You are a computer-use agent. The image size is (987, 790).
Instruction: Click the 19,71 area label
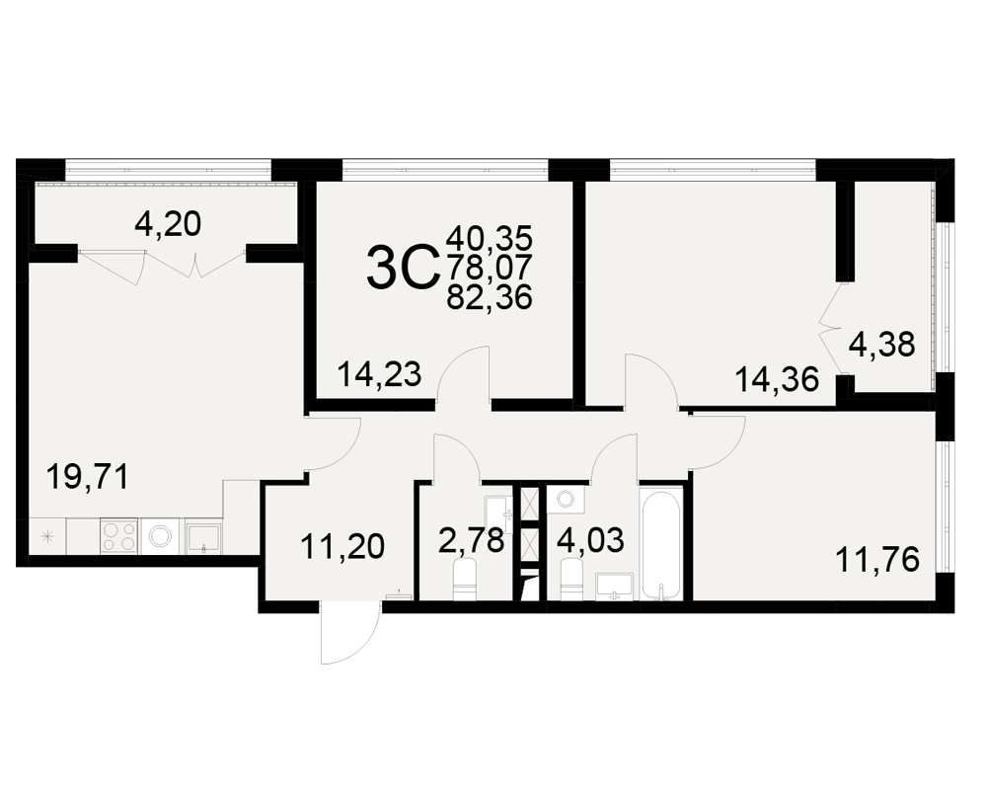(88, 476)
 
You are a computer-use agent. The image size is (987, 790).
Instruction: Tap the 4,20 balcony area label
(168, 223)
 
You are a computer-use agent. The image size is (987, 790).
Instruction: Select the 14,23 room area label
(379, 374)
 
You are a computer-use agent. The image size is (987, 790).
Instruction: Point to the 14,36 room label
(777, 380)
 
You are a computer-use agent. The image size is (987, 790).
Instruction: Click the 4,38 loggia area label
(881, 345)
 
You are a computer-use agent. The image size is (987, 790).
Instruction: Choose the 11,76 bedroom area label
(876, 560)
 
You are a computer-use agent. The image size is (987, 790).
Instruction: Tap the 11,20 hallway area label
(342, 546)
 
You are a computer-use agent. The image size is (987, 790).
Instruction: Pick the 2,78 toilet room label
(472, 540)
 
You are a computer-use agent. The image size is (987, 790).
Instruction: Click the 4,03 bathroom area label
(591, 540)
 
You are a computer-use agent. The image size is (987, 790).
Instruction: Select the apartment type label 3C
(403, 269)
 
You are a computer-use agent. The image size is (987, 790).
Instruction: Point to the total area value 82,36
(490, 297)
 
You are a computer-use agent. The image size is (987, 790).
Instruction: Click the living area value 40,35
(490, 239)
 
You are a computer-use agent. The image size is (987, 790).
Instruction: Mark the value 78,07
(490, 268)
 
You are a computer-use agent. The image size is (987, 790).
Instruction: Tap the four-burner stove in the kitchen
(119, 536)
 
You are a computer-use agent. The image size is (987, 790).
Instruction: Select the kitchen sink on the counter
(202, 536)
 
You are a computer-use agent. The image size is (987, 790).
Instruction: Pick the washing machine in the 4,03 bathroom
(565, 499)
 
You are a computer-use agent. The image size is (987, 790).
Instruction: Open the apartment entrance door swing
(350, 632)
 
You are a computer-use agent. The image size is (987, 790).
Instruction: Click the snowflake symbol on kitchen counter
(46, 537)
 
